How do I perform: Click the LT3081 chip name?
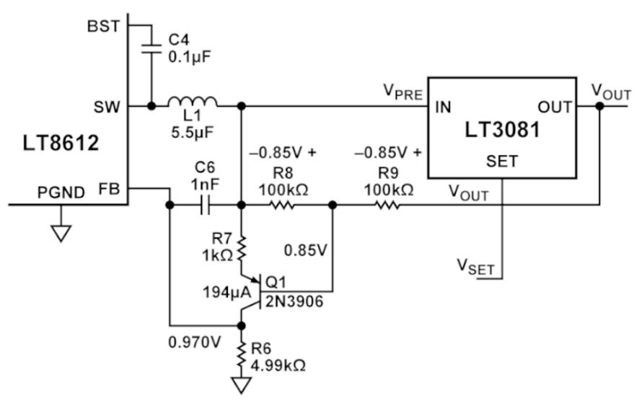coord(502,130)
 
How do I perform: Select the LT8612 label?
coord(61,144)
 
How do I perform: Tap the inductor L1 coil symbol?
coord(192,102)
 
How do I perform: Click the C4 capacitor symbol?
coord(151,49)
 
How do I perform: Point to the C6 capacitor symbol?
coord(205,205)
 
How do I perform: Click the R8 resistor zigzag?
coord(282,205)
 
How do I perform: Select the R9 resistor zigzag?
coord(387,205)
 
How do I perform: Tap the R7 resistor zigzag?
coord(242,248)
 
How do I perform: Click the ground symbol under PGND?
coord(61,233)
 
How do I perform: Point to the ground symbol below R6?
coord(242,384)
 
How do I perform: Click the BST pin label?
coord(104,27)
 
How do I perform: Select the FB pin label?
coord(110,189)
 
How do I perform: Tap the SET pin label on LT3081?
coord(502,162)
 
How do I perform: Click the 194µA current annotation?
coord(227,292)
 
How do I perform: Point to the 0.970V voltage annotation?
coord(195,342)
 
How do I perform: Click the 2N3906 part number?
coord(294,301)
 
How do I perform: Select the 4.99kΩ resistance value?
coord(278,366)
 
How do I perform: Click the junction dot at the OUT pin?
coord(600,107)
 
